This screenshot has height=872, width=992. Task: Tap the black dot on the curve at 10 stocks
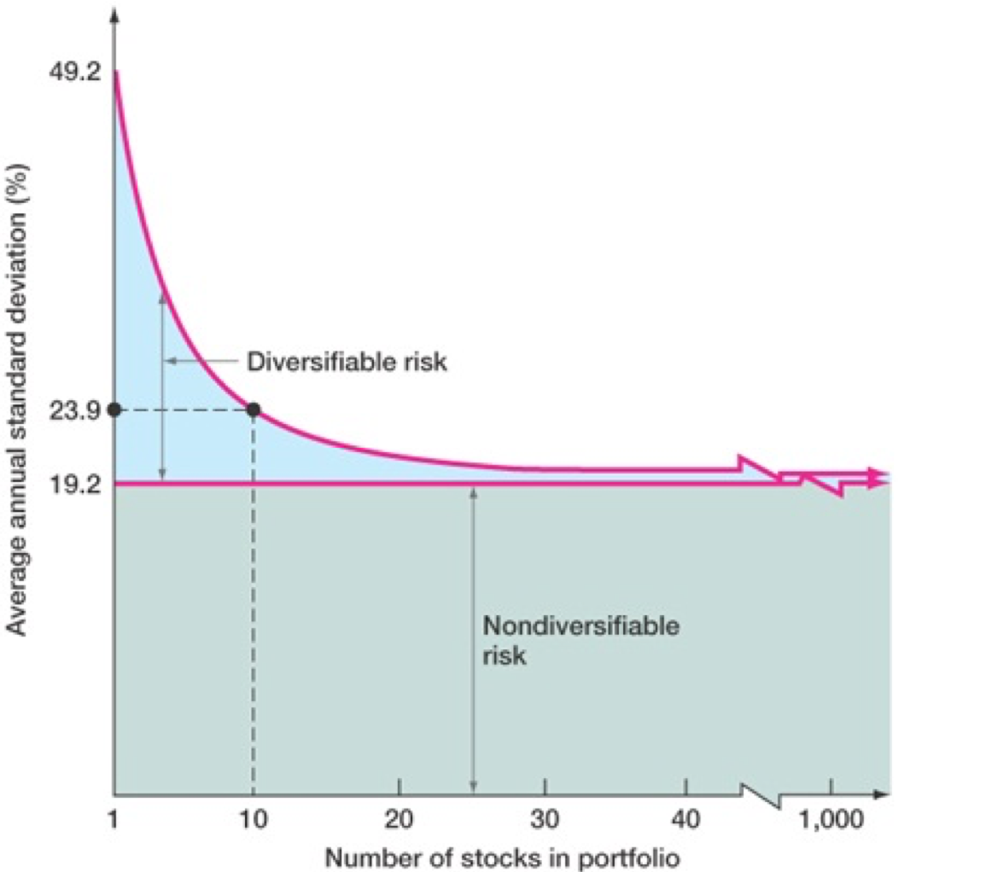tap(254, 410)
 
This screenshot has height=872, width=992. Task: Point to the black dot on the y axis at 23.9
tap(114, 410)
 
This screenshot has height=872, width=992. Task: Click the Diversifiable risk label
tap(347, 362)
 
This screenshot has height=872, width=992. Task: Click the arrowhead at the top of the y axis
tap(114, 15)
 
